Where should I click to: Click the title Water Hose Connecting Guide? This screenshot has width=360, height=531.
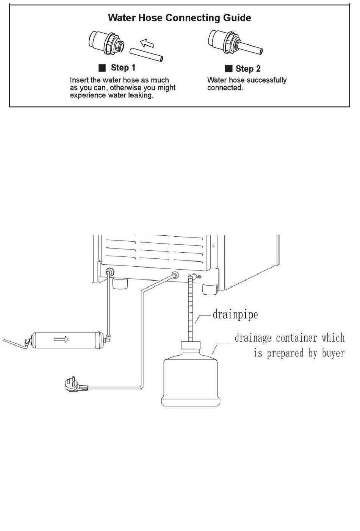(x=179, y=18)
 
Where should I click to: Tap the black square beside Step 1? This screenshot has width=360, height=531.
(x=102, y=68)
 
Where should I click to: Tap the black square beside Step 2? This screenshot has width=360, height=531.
(x=229, y=69)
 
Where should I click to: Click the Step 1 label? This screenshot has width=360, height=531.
(x=123, y=67)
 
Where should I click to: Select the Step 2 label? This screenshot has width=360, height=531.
(x=248, y=69)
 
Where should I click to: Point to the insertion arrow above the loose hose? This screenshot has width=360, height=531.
(x=147, y=43)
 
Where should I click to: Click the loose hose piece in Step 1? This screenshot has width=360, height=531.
(x=146, y=54)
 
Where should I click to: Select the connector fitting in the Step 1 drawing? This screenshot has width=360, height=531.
(x=106, y=42)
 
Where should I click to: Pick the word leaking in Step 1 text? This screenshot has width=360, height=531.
(x=141, y=95)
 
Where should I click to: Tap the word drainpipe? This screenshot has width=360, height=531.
(x=235, y=315)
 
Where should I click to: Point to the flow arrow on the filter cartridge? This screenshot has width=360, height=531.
(x=61, y=339)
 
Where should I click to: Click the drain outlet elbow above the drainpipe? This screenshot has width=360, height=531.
(x=193, y=276)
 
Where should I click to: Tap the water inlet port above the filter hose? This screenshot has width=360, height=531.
(x=110, y=271)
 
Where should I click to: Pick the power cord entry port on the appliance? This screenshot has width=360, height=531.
(x=175, y=275)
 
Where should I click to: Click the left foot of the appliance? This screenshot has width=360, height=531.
(x=120, y=283)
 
